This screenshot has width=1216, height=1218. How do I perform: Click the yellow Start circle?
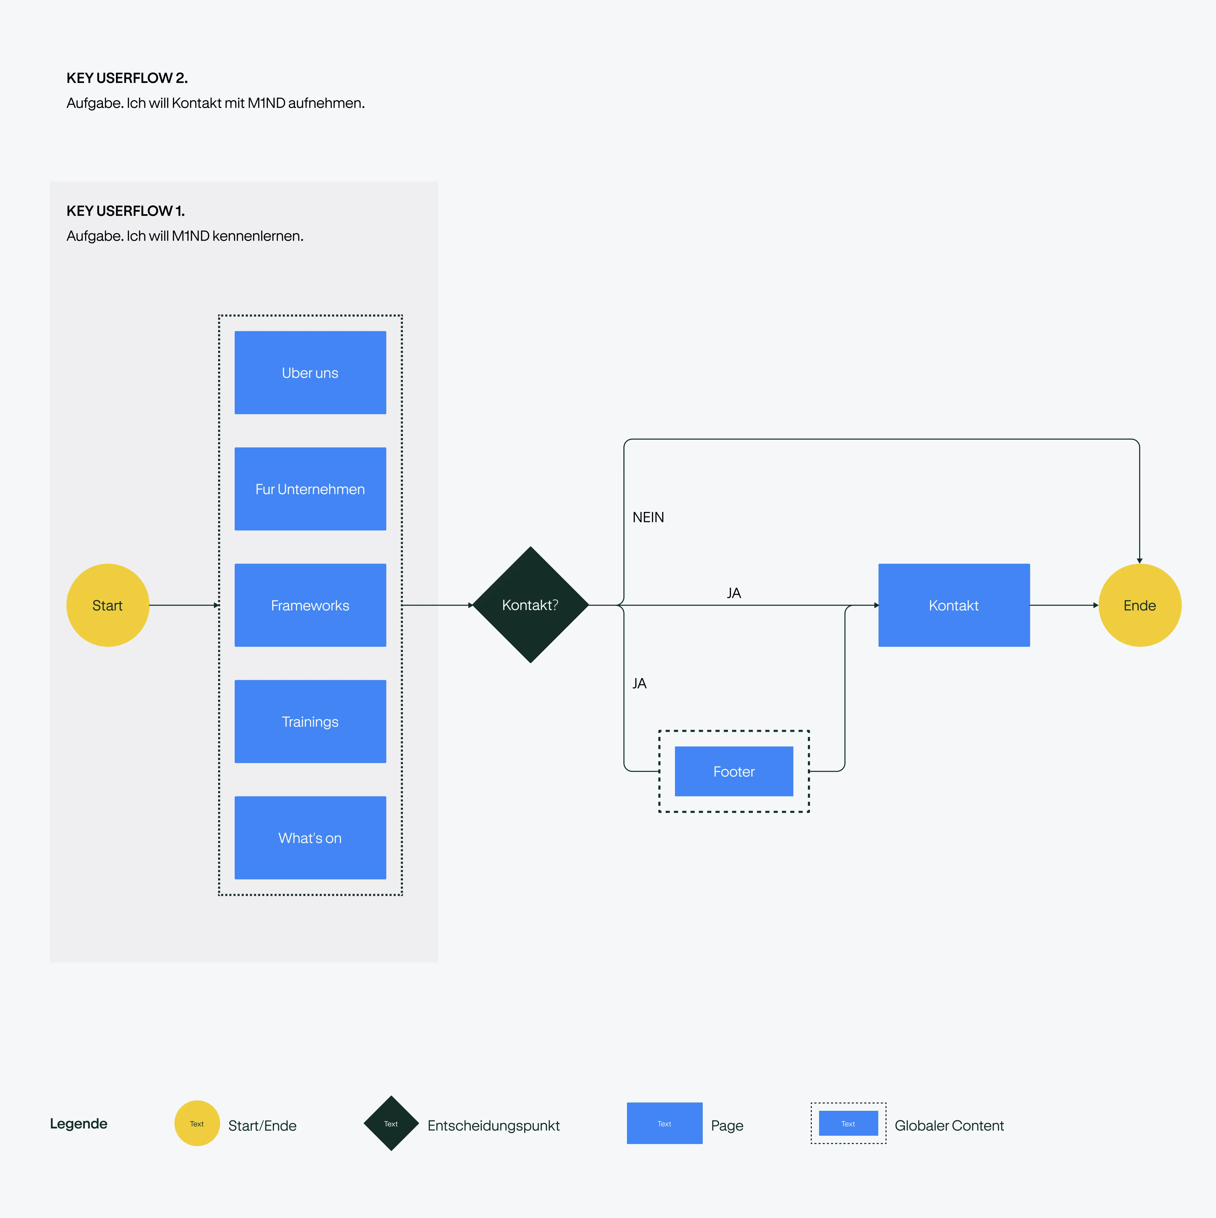point(108,605)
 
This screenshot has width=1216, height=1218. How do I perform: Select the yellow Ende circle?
point(1140,605)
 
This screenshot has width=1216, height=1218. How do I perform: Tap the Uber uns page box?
point(310,373)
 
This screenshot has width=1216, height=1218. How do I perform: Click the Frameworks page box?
point(310,605)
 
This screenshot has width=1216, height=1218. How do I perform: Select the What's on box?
point(310,838)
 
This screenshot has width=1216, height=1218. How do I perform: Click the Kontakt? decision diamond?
point(531,605)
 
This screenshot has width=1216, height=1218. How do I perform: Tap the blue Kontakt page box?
point(954,605)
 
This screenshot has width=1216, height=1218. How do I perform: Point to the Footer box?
point(734,771)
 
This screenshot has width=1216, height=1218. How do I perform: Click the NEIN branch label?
point(648,518)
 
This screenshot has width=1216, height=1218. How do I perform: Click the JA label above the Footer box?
point(639,684)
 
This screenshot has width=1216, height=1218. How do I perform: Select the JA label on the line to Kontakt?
point(734,593)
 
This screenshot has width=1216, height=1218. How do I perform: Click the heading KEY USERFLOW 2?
point(127,78)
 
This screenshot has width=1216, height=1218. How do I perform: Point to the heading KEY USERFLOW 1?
point(125,211)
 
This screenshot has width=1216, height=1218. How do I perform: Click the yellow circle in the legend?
point(197,1124)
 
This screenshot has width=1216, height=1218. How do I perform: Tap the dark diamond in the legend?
point(391,1124)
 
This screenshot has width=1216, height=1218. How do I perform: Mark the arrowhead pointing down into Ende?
point(1140,560)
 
